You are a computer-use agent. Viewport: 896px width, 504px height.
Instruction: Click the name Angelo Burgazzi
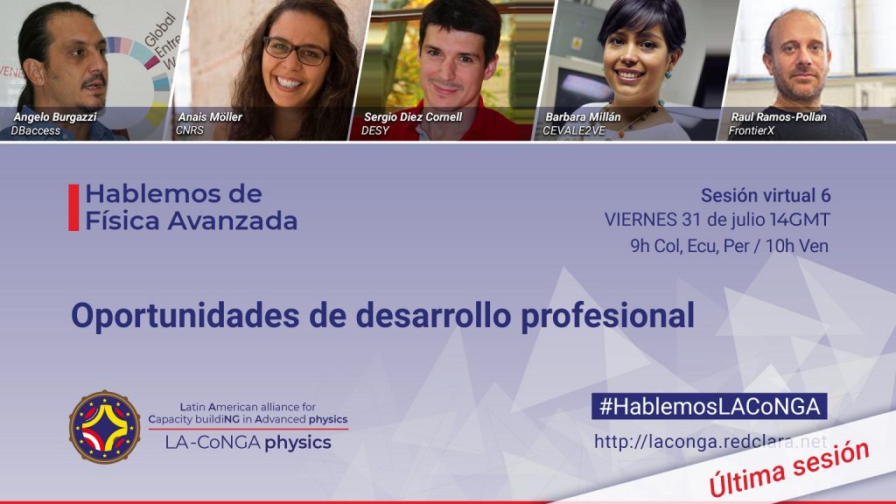coord(55,117)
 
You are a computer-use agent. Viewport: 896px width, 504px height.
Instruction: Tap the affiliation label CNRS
coord(190,130)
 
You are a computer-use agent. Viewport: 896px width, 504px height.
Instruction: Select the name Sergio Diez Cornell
coord(413,117)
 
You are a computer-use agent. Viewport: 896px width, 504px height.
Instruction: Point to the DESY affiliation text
coord(375,130)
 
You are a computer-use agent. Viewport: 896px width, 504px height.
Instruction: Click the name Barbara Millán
coord(583,117)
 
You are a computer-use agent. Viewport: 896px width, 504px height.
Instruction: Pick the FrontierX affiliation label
coord(752,130)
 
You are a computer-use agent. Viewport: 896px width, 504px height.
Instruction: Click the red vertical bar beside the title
coord(73,207)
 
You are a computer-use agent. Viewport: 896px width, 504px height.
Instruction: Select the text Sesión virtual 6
coord(766,195)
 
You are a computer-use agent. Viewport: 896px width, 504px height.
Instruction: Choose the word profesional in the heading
coord(607,316)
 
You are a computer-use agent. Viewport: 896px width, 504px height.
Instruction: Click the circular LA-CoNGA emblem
coord(105,427)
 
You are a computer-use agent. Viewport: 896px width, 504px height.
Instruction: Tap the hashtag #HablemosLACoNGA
coord(709,406)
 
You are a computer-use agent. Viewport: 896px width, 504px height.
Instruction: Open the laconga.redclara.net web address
coord(710,442)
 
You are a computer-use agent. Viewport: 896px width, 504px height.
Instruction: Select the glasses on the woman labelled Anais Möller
coord(296,50)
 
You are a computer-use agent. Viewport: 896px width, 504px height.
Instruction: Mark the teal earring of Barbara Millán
coord(668,74)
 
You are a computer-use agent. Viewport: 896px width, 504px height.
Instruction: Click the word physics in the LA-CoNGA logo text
coord(297,443)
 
